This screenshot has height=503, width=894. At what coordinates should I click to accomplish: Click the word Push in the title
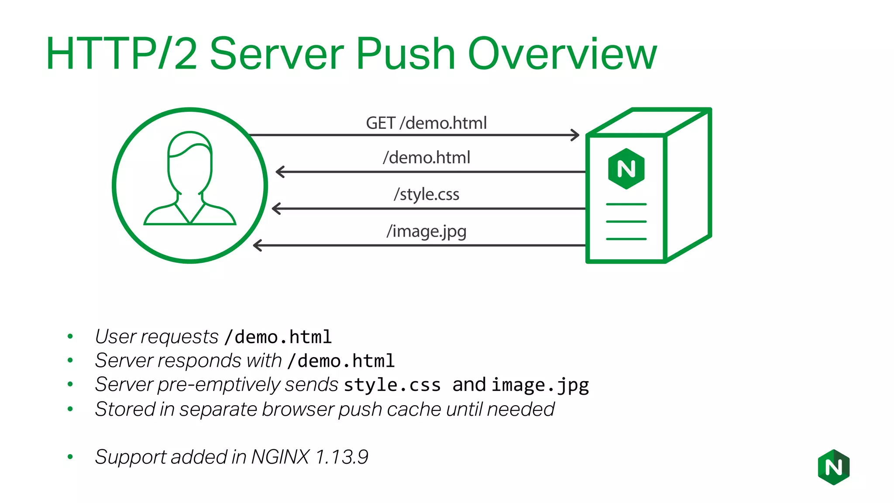406,54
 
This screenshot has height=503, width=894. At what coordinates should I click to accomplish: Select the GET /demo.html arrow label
426,123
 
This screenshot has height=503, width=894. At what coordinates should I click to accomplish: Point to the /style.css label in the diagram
426,194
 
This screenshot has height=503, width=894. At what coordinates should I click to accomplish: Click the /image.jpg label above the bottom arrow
426,231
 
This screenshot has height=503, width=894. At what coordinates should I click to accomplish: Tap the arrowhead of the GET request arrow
575,135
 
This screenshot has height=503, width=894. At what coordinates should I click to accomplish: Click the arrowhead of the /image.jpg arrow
258,245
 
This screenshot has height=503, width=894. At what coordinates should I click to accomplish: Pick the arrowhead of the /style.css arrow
276,209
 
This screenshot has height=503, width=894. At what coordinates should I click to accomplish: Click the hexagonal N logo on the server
626,169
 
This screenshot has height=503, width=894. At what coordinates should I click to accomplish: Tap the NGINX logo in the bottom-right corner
833,467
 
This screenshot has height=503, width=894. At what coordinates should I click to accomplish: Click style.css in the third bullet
392,385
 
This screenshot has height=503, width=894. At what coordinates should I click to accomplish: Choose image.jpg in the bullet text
540,385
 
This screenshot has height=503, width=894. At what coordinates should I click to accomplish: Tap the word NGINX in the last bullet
280,457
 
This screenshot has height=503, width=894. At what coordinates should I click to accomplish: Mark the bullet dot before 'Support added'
70,457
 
